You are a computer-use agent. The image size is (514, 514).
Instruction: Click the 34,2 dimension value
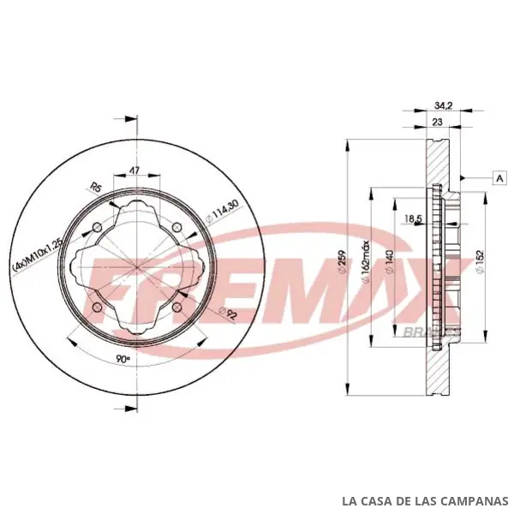pos(443,105)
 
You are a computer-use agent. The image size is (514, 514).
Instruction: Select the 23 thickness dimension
pos(437,122)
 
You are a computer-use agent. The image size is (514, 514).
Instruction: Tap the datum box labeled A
pos(500,178)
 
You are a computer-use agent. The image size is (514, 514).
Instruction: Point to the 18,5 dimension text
pos(414,218)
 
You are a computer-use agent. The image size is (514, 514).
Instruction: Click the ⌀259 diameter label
pos(342,261)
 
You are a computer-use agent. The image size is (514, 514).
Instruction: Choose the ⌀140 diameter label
pos(389,261)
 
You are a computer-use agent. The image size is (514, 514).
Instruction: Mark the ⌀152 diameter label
pos(480,262)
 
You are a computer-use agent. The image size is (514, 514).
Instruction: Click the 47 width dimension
pos(134,170)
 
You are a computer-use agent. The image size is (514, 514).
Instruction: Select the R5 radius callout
pos(96,188)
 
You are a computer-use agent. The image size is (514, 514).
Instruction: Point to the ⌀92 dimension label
pos(228,314)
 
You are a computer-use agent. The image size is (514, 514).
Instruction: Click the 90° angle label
pos(123,359)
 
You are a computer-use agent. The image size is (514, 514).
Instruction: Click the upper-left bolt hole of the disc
pos(98,227)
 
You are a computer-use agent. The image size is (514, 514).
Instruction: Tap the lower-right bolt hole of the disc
pos(176,308)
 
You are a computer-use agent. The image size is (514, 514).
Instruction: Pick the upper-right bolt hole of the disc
pos(176,226)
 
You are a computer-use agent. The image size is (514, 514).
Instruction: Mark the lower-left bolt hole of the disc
pos(98,308)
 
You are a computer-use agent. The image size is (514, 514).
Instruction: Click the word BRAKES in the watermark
pos(430,332)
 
